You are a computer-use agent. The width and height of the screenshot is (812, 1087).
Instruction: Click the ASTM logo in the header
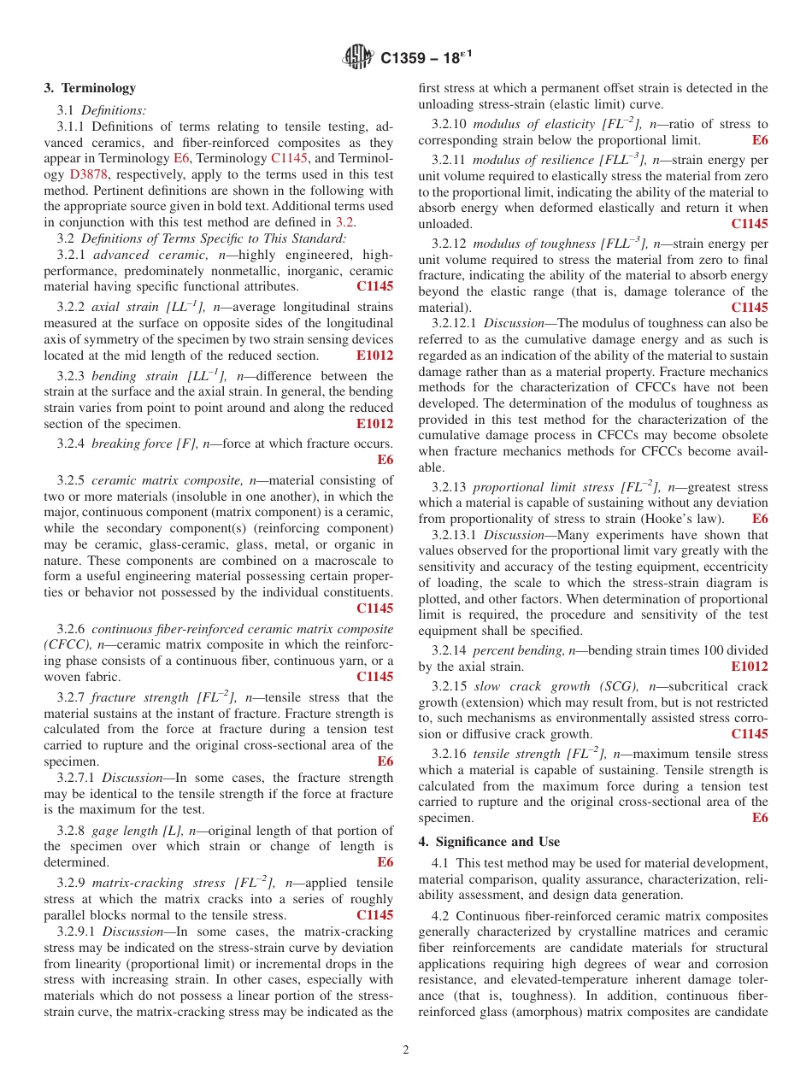(x=359, y=57)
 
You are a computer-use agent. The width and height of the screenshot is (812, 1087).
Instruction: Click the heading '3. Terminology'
(x=90, y=88)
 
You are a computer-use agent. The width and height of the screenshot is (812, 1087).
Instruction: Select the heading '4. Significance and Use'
(x=489, y=842)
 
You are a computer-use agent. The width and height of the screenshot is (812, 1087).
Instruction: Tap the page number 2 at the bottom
(x=406, y=1050)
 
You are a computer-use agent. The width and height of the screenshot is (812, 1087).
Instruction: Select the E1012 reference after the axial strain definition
(x=374, y=355)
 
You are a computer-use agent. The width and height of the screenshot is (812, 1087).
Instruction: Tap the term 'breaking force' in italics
(x=126, y=444)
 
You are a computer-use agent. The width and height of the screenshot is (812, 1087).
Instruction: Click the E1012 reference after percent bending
(x=749, y=667)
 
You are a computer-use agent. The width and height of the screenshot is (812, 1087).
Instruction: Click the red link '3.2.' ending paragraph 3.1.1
(x=345, y=222)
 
